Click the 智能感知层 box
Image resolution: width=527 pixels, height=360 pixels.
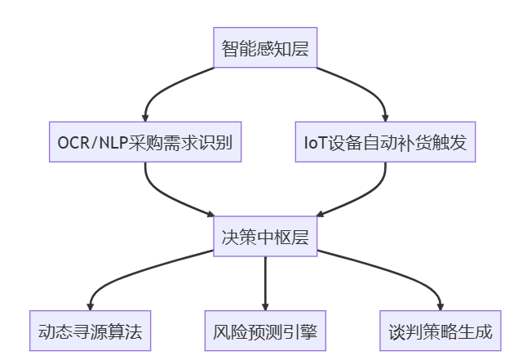click(x=265, y=49)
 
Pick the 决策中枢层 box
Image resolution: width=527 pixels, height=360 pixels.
click(x=265, y=237)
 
